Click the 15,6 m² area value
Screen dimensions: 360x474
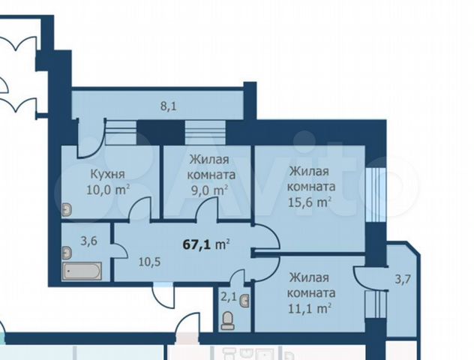click(310, 201)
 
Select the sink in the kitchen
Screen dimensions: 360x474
click(67, 210)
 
